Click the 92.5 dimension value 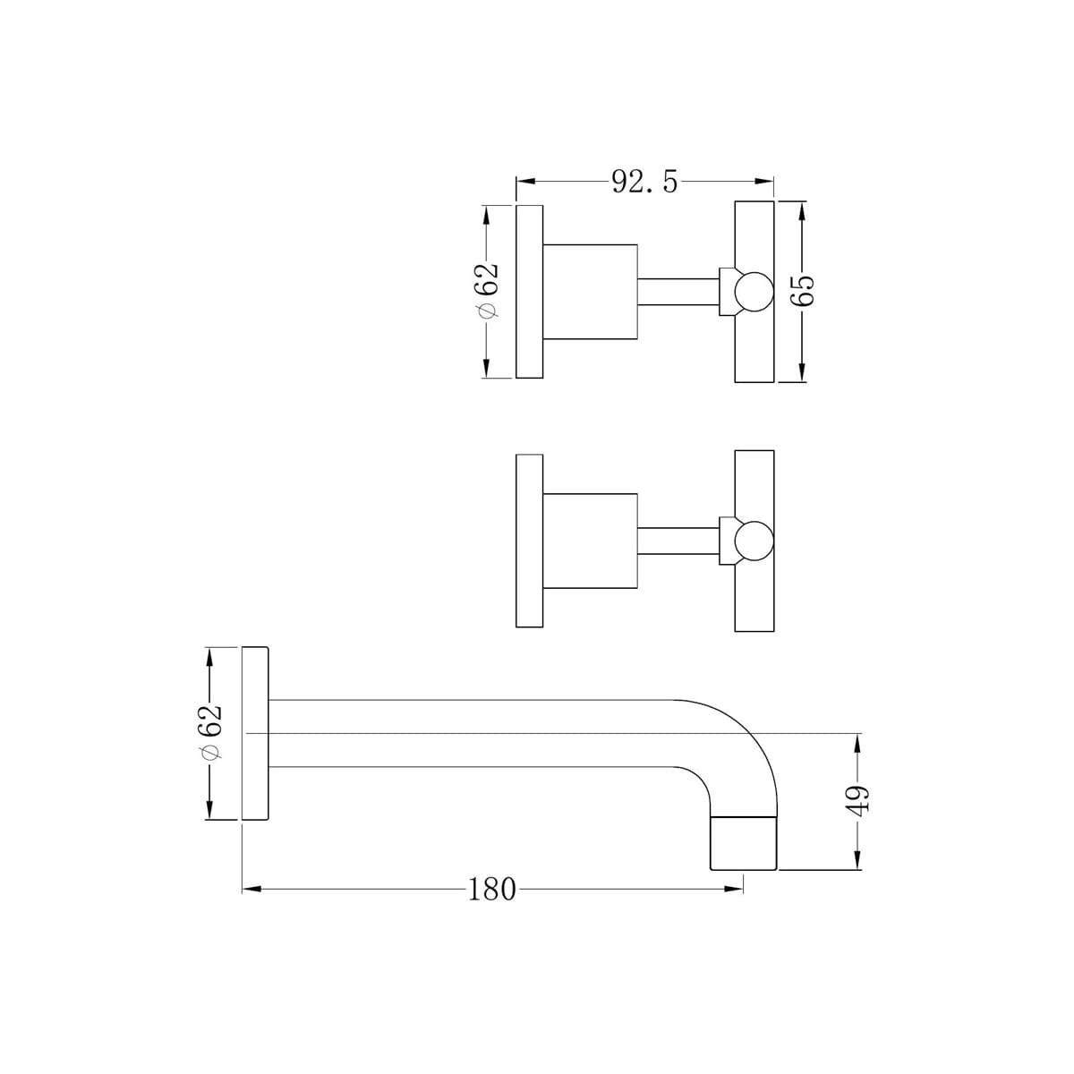pos(644,182)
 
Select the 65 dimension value pos(803,292)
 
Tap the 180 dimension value pos(492,889)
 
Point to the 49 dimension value pos(857,799)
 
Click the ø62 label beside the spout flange pos(210,732)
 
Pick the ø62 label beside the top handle pos(488,291)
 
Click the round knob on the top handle pos(752,292)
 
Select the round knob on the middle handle pos(752,541)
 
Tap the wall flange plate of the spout pos(256,732)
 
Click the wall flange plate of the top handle pos(530,292)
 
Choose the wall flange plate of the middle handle pos(530,541)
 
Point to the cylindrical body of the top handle pos(591,292)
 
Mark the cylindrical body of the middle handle pos(591,541)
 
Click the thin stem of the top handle pos(678,292)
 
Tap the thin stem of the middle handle pos(678,541)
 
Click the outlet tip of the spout pos(743,843)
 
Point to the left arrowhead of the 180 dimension pos(251,889)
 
